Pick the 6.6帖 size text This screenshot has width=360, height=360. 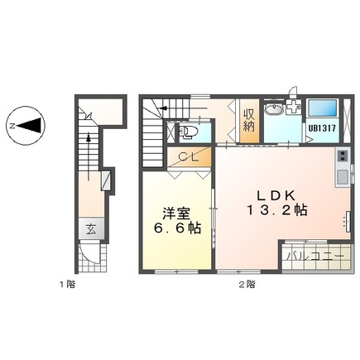pos(173,228)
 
